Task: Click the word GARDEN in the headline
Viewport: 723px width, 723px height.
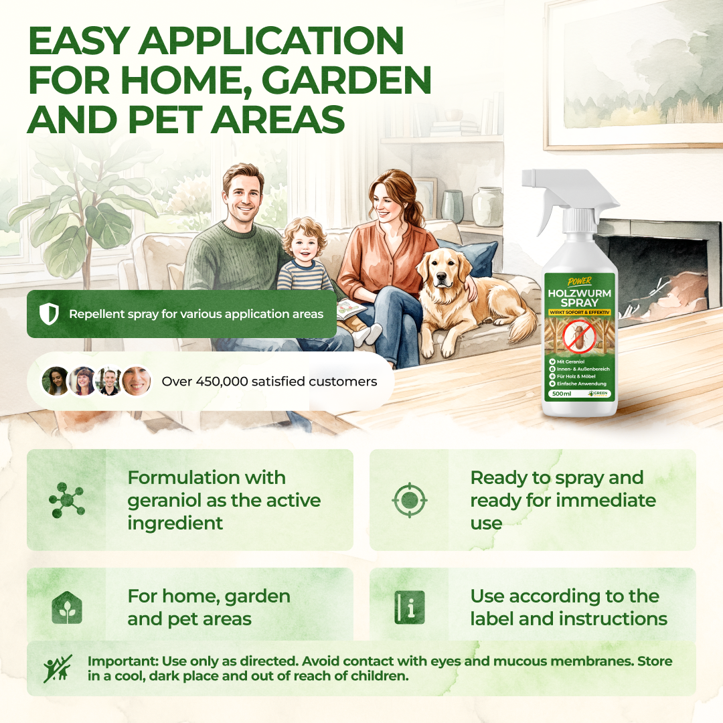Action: click(346, 80)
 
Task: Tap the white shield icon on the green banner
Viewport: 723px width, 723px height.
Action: click(49, 314)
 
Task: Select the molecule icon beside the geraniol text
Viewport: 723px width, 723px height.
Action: click(67, 500)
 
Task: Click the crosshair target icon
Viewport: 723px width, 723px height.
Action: click(410, 500)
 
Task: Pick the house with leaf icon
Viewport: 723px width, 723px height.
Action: click(67, 608)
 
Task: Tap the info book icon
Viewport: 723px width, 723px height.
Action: click(410, 608)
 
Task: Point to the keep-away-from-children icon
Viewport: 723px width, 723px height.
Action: click(58, 669)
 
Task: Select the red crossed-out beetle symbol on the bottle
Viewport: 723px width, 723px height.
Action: click(579, 337)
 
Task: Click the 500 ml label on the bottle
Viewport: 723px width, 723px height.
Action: click(562, 394)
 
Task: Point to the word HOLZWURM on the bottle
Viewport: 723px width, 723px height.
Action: click(580, 293)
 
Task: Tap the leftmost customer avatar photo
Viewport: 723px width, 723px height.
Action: click(56, 382)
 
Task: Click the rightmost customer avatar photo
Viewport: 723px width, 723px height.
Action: click(137, 382)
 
